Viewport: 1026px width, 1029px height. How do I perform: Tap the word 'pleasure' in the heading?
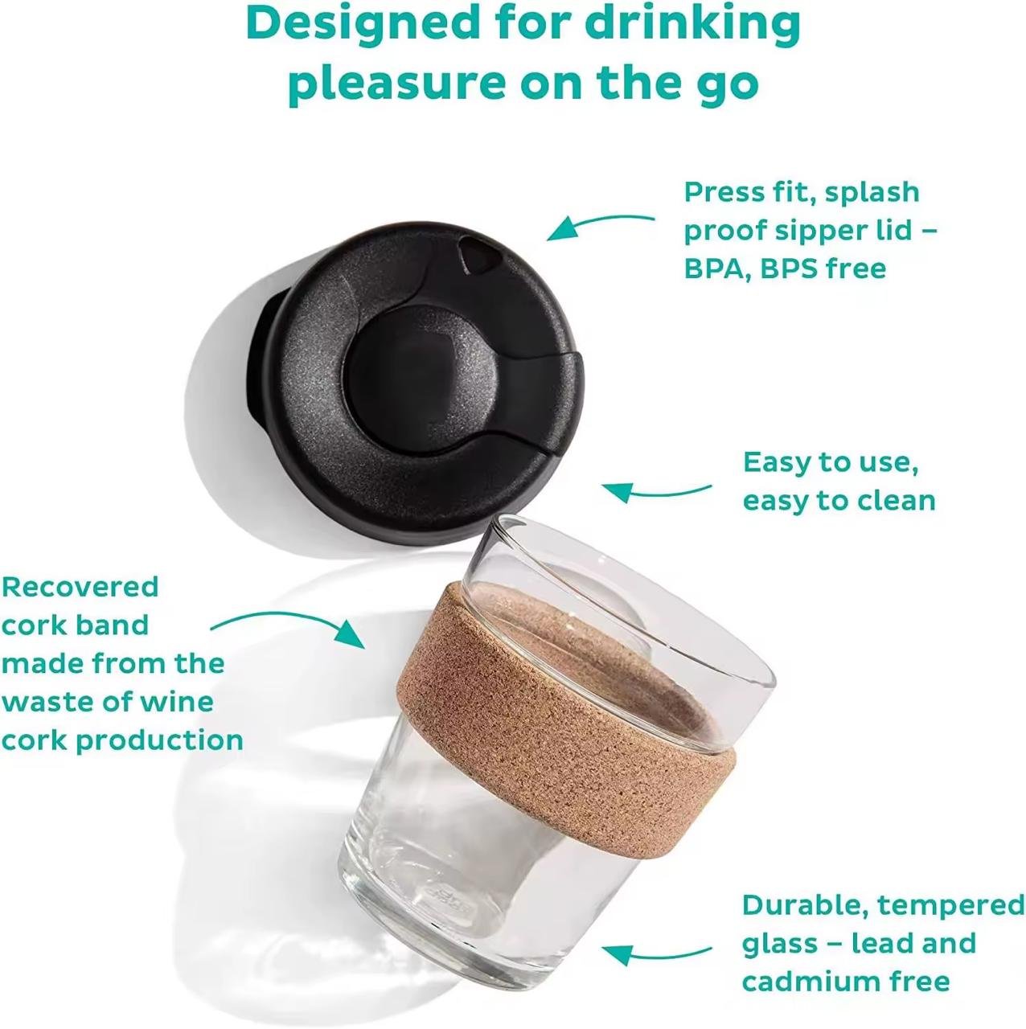(x=397, y=84)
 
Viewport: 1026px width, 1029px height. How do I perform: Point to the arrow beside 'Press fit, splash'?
(x=600, y=225)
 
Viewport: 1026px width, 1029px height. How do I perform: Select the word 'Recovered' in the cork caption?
(x=80, y=587)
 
